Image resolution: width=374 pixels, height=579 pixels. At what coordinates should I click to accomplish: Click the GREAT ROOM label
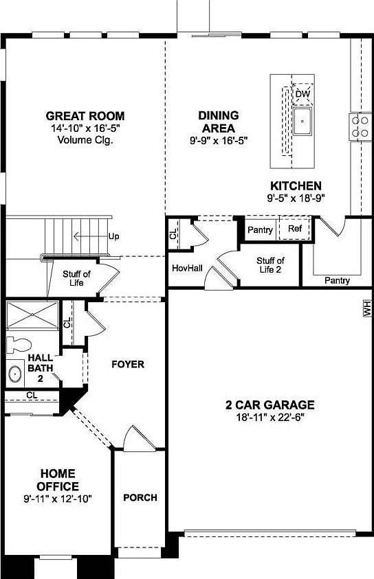click(85, 116)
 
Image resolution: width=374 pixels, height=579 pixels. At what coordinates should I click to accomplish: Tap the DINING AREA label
click(218, 122)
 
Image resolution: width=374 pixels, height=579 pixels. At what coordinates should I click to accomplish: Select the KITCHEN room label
click(295, 185)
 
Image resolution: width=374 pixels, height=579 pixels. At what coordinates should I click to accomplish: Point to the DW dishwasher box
click(303, 93)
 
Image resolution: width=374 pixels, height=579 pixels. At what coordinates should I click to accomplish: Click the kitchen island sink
click(302, 122)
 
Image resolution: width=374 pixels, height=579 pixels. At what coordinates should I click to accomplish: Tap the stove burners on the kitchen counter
click(360, 126)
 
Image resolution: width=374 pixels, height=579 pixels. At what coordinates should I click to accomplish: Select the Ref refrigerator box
click(295, 229)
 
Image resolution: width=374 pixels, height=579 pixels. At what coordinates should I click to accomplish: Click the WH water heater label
click(366, 308)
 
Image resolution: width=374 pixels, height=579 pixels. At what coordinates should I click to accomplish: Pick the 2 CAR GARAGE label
click(270, 405)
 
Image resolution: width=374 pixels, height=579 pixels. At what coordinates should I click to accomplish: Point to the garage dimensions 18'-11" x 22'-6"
click(270, 417)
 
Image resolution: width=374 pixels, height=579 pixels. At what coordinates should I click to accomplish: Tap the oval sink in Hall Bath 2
click(15, 374)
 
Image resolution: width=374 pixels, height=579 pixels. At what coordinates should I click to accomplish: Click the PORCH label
click(140, 497)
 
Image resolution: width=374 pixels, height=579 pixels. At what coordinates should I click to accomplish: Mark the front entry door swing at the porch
click(134, 440)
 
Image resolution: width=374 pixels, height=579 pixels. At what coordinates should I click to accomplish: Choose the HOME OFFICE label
click(58, 480)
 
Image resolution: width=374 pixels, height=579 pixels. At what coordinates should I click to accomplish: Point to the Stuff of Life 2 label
click(270, 265)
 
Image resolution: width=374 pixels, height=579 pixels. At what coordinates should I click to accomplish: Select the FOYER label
click(128, 364)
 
